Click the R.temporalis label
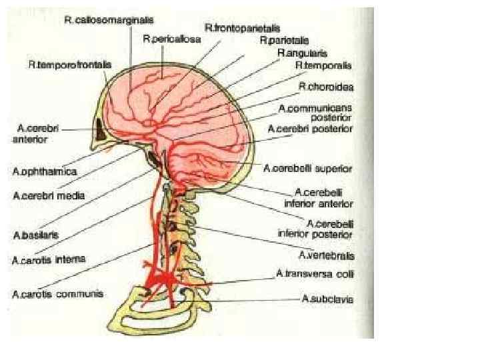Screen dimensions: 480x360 click(x=323, y=65)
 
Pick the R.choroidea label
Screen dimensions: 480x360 click(x=325, y=87)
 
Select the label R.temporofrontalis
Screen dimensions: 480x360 click(x=70, y=65)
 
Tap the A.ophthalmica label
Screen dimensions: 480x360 click(x=45, y=171)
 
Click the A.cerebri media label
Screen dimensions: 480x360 click(x=49, y=196)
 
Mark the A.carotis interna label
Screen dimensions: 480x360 click(x=49, y=259)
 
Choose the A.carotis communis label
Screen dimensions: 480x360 click(x=57, y=293)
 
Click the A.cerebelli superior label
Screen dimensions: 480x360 click(x=308, y=169)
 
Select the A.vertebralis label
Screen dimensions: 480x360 click(x=326, y=255)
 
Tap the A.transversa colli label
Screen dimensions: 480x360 click(x=315, y=274)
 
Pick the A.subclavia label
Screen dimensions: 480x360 click(x=327, y=299)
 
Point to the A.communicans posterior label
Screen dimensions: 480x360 click(x=315, y=112)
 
